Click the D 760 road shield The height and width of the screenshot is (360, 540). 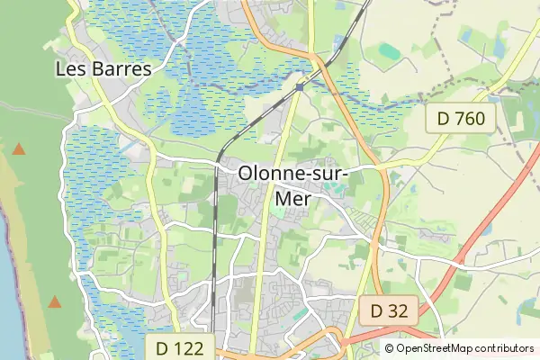coord(461,118)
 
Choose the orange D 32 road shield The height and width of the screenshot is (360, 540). coord(390,311)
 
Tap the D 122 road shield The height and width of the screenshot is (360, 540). coord(180,347)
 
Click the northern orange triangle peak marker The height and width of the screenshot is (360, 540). coord(18,148)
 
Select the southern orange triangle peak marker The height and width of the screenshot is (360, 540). coord(55,302)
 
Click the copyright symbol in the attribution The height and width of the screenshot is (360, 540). coord(390,348)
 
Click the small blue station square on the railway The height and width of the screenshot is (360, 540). coord(299,87)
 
